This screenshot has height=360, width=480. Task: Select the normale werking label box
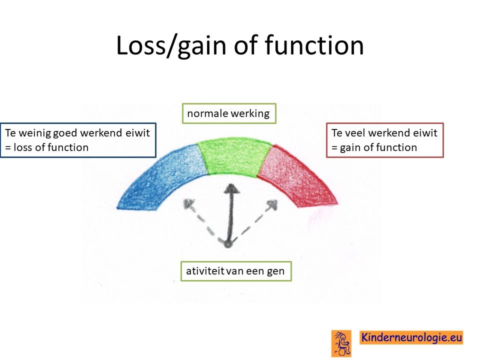pos(229,113)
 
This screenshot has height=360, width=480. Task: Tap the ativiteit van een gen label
pos(235,271)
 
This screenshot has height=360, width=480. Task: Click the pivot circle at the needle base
pos(227,244)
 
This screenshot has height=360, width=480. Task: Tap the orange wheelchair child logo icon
pos(341,343)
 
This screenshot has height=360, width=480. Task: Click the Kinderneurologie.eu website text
pos(411,337)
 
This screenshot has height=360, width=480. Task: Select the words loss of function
pos(51,147)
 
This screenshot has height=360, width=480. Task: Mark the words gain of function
pos(378,148)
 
